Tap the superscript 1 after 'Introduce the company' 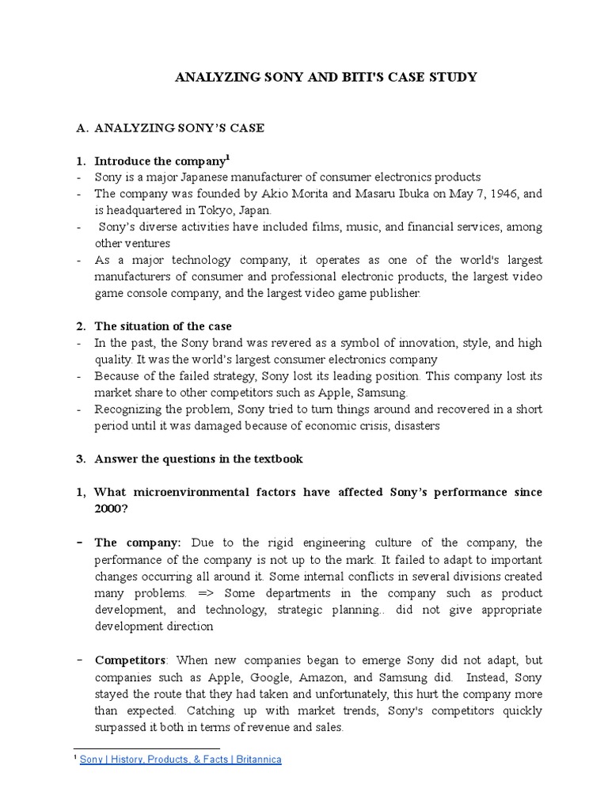pyautogui.click(x=228, y=158)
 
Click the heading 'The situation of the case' pyautogui.click(x=163, y=326)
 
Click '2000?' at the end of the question pyautogui.click(x=112, y=508)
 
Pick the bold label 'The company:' pyautogui.click(x=138, y=543)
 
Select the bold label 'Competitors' pyautogui.click(x=131, y=660)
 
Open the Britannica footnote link pyautogui.click(x=180, y=760)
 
